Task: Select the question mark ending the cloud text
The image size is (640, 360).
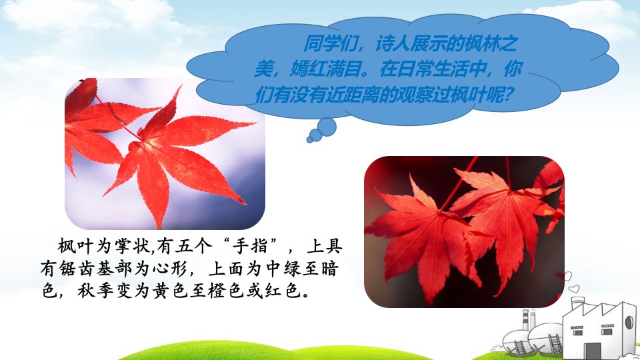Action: click(x=507, y=95)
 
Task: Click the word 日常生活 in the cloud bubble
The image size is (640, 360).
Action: click(x=433, y=69)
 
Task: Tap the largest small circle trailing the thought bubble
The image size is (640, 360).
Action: click(x=327, y=127)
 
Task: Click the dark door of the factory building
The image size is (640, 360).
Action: click(x=592, y=351)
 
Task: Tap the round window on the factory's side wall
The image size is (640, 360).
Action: click(x=629, y=322)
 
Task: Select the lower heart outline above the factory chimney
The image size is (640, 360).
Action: click(x=574, y=289)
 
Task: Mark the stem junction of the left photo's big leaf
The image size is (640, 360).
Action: click(x=141, y=141)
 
